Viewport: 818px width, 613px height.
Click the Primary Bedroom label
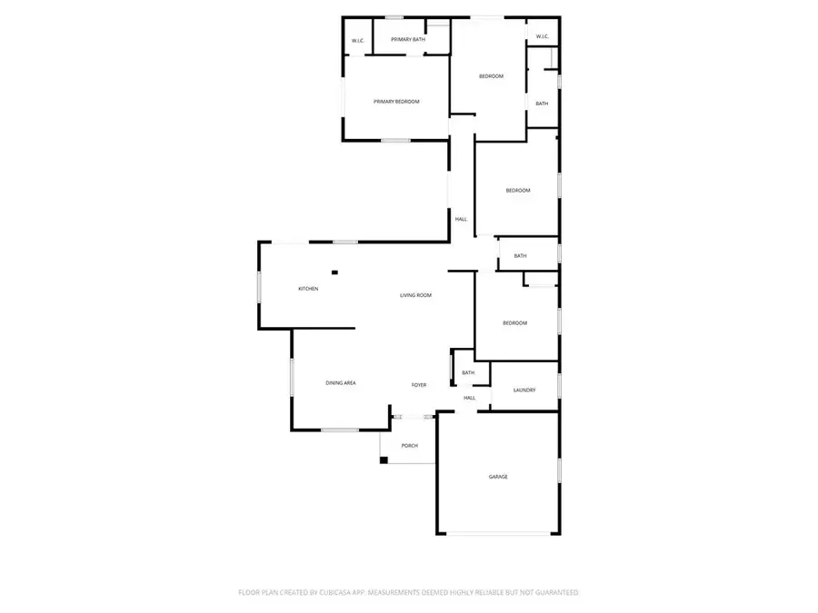tap(396, 102)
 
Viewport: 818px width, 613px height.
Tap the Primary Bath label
tap(408, 40)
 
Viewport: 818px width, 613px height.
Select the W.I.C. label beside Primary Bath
tap(358, 41)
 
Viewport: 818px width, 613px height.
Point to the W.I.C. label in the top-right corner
tap(542, 36)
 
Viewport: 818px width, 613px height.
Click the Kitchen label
tap(308, 289)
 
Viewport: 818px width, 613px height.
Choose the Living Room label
tap(415, 295)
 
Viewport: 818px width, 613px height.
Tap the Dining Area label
tap(341, 383)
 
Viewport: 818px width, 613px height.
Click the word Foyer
tap(419, 385)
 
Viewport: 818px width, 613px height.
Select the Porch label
tap(409, 446)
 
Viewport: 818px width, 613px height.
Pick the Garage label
tap(498, 477)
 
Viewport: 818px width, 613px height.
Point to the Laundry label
tap(524, 391)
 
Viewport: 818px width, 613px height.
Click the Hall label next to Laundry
tap(470, 398)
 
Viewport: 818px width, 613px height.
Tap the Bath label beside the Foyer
tap(468, 372)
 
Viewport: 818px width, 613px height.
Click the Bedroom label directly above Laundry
tap(515, 323)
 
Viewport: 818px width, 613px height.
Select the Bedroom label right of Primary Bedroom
tap(491, 76)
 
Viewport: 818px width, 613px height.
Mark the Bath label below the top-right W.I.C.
tap(542, 104)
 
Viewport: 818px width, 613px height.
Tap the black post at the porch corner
tap(384, 460)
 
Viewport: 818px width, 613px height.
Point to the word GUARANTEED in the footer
tap(556, 592)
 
